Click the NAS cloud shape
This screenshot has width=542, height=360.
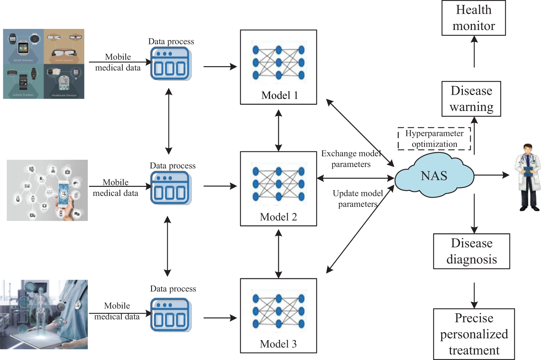434,176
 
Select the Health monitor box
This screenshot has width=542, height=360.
473,18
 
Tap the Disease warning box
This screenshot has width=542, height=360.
471,99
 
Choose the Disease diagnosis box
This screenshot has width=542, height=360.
472,251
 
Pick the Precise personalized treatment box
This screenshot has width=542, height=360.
474,334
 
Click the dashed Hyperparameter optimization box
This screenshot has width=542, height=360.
434,138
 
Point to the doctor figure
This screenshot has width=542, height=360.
528,177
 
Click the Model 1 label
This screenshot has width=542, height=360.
279,95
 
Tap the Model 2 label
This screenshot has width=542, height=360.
278,217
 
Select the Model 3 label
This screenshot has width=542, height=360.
278,344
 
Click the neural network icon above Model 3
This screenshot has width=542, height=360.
278,311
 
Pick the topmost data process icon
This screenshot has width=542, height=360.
171,64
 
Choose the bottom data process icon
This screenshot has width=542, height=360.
171,315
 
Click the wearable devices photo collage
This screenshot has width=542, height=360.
44,64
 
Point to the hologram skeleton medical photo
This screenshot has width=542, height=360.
44,314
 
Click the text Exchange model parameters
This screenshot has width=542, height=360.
351,159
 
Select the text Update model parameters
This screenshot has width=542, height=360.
358,199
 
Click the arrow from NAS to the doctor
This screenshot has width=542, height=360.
491,175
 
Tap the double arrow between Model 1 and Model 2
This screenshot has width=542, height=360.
278,130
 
